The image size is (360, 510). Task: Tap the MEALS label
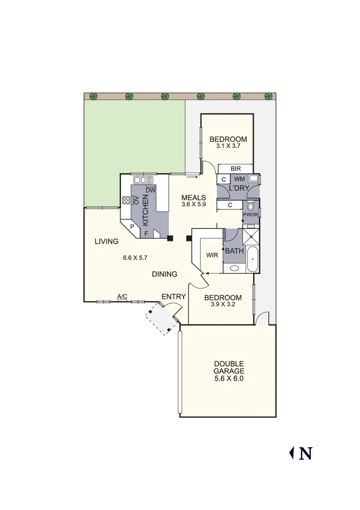[194, 197]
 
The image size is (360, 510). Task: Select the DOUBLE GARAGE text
[229, 367]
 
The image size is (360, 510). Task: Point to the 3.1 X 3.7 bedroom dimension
[228, 146]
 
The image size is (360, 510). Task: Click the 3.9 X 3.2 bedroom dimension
[223, 305]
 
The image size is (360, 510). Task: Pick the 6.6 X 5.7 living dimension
[135, 258]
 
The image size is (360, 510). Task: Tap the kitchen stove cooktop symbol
[126, 200]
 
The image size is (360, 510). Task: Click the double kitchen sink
[143, 179]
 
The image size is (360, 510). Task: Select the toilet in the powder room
[251, 207]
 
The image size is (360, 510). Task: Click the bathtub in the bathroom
[253, 259]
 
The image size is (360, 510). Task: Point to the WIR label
[212, 255]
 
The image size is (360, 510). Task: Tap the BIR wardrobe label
[236, 169]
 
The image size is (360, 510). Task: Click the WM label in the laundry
[239, 179]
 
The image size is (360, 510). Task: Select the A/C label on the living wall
[122, 297]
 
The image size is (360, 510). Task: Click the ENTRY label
[173, 297]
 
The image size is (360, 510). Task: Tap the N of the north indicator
[305, 453]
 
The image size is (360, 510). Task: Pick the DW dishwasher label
[151, 190]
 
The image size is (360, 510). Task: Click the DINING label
[165, 274]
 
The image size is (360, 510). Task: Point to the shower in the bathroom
[251, 236]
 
